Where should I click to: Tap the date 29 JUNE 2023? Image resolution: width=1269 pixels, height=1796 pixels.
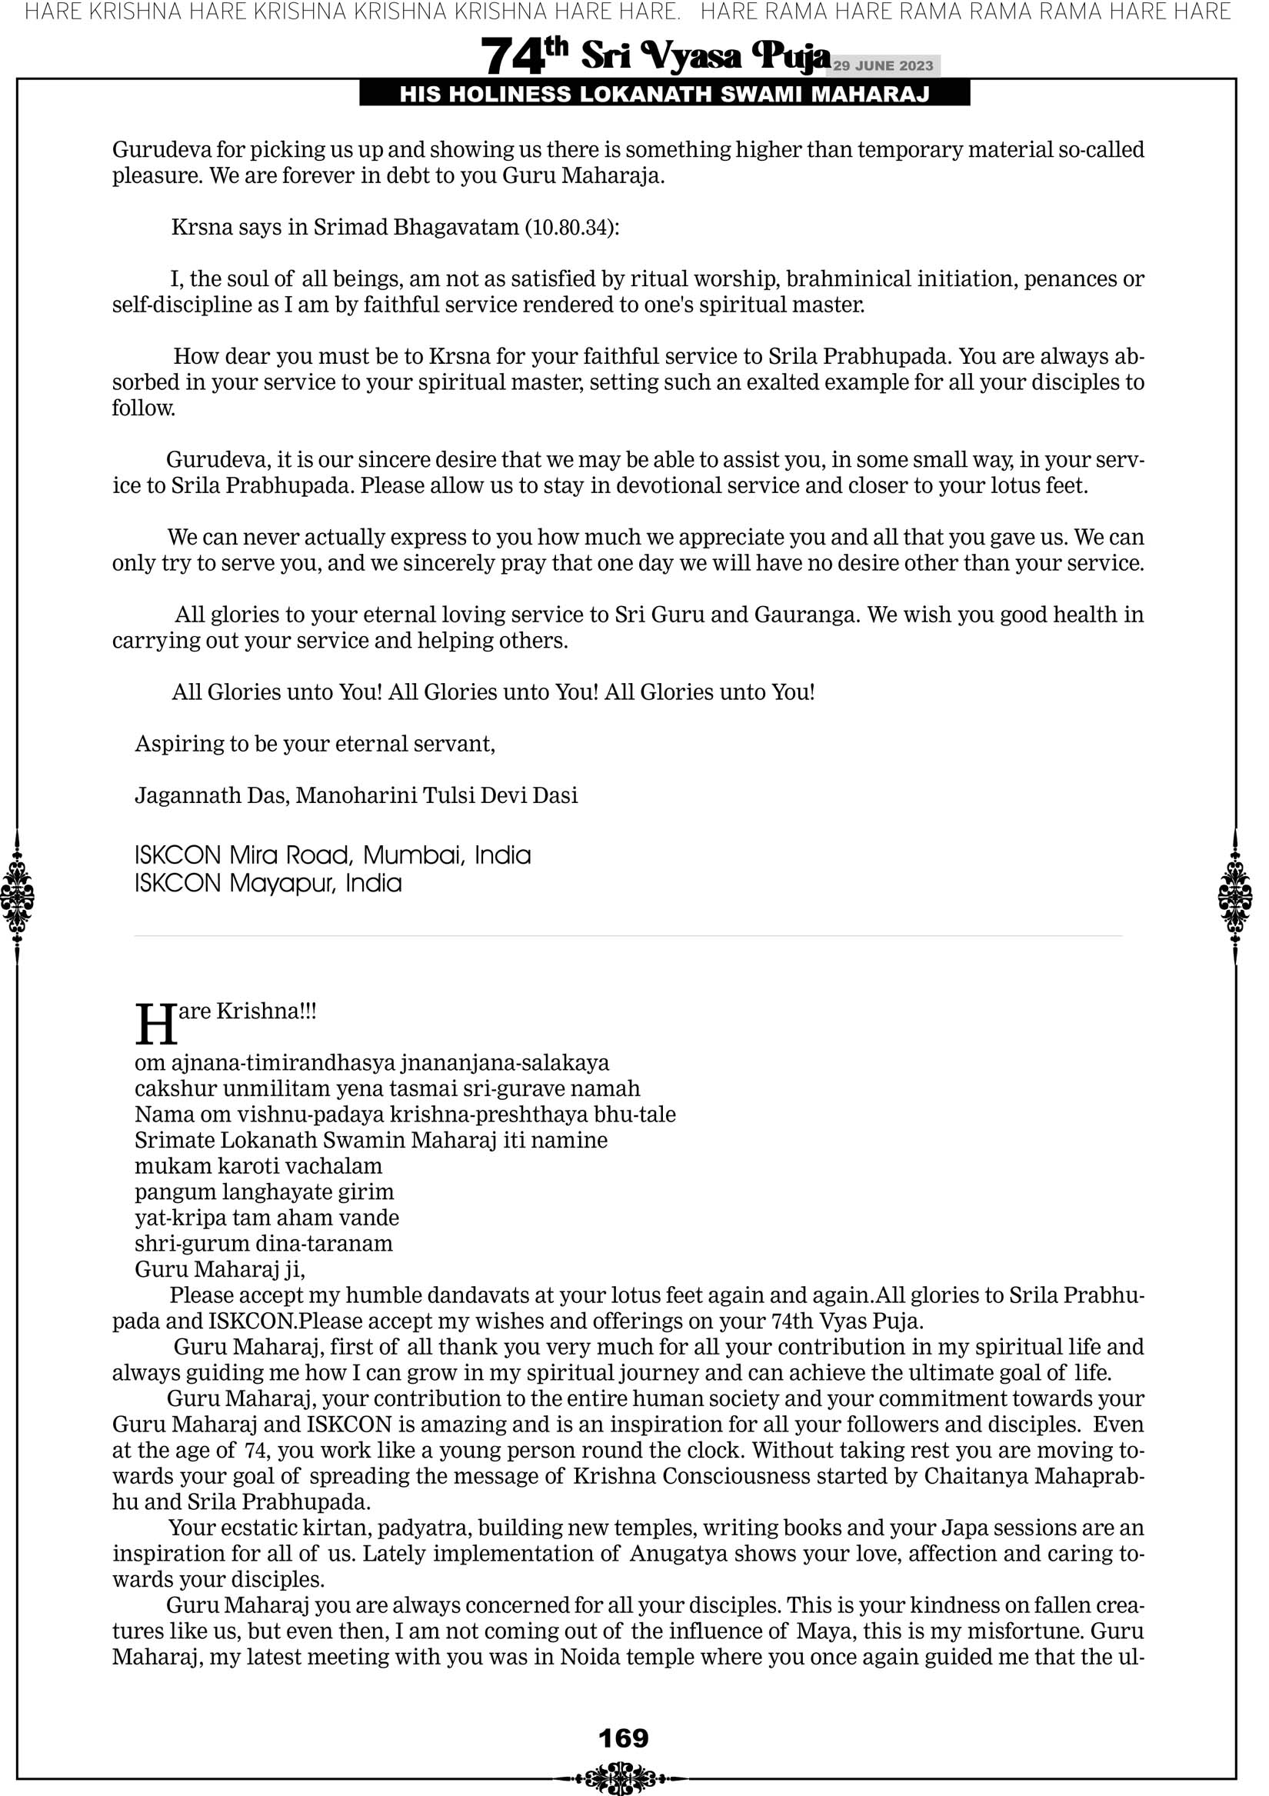click(882, 65)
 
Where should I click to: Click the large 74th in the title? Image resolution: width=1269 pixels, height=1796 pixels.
click(523, 56)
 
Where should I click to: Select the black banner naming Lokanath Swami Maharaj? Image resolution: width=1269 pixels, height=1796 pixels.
click(664, 95)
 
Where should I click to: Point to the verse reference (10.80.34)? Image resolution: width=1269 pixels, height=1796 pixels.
click(571, 228)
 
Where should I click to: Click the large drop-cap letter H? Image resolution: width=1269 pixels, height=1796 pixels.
click(156, 1025)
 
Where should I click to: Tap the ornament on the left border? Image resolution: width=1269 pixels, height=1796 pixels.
click(17, 896)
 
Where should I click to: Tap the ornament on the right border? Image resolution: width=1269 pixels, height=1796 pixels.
click(1235, 896)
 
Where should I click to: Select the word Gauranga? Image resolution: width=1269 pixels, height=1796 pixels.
click(807, 615)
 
